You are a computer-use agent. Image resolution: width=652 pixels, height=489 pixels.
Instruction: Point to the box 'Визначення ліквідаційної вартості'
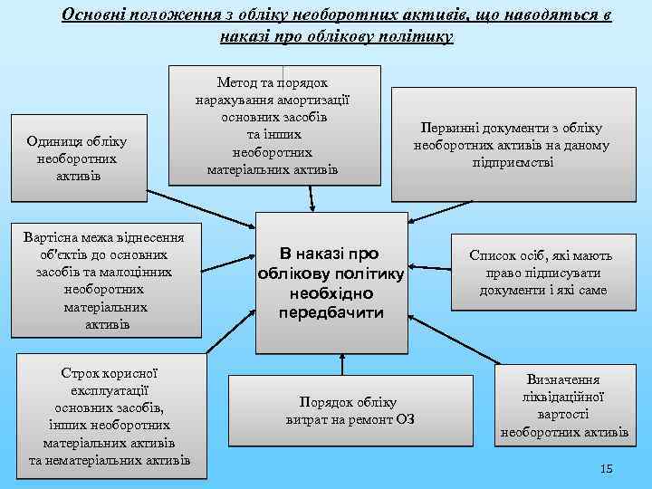[x=563, y=407]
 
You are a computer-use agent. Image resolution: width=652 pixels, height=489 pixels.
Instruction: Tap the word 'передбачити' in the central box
[x=331, y=312]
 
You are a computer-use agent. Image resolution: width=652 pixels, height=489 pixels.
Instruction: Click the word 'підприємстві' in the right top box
[x=512, y=161]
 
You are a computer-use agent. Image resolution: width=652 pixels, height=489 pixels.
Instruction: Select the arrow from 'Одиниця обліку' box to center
[x=201, y=209]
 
